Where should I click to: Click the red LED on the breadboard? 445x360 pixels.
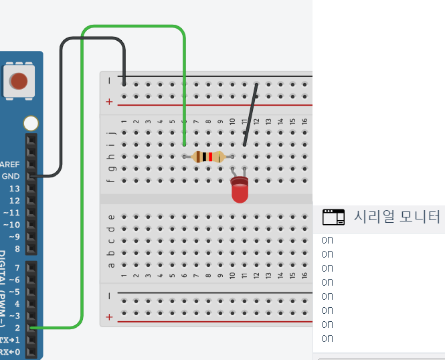[239, 191]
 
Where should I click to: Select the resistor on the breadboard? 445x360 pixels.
[207, 157]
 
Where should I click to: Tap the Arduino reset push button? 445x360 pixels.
[19, 81]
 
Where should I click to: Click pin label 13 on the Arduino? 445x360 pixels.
[14, 188]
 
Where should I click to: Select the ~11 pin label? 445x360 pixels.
[11, 212]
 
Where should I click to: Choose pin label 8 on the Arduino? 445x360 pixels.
[17, 248]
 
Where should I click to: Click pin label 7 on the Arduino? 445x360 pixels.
[17, 268]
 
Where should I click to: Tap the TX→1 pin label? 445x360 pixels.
[10, 340]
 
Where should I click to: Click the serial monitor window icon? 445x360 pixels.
[333, 217]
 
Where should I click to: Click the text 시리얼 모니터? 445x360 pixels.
[397, 217]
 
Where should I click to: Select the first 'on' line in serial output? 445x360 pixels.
[327, 240]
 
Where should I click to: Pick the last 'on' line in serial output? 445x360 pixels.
[327, 338]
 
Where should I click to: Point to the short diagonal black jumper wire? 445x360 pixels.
[250, 114]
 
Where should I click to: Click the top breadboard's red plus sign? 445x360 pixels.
[109, 102]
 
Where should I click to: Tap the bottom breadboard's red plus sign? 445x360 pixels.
[109, 316]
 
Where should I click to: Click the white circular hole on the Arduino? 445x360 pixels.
[31, 124]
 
